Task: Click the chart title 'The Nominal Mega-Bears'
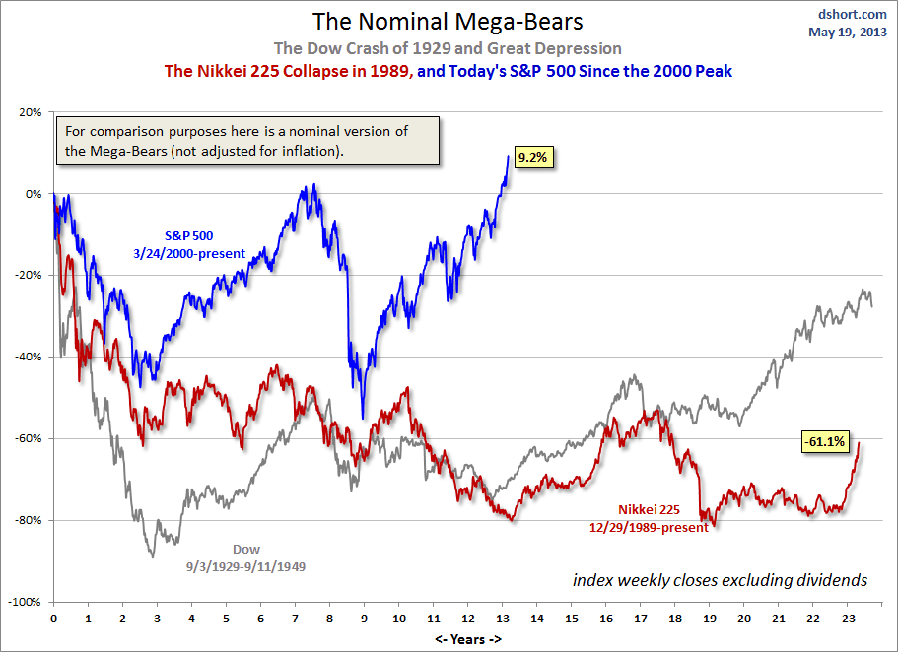tap(449, 22)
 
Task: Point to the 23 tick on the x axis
tap(847, 619)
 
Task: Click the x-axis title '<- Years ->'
tap(467, 638)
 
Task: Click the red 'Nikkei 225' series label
tap(649, 509)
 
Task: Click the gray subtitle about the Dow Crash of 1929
tap(449, 47)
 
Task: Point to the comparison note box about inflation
tap(250, 141)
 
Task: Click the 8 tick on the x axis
tap(329, 619)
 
